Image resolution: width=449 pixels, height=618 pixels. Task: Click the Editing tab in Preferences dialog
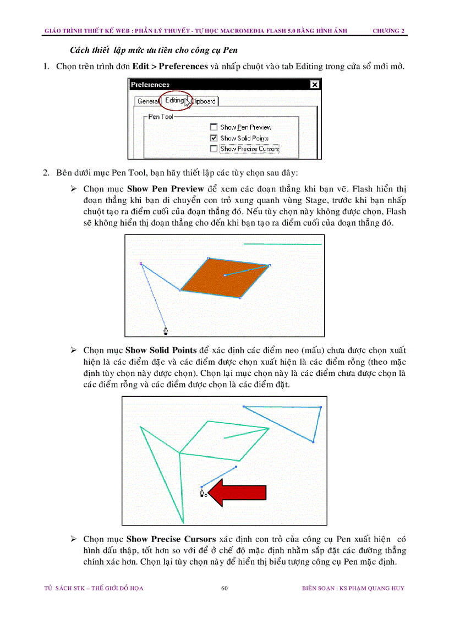pos(174,100)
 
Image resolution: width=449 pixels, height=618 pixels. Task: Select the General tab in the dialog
pos(148,101)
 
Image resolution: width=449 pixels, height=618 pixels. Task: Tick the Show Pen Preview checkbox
pos(213,127)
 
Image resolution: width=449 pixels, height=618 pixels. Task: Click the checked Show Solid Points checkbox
pos(213,138)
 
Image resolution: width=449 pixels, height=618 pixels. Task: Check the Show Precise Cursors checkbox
pos(213,149)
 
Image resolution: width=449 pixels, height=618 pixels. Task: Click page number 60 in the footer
pos(225,588)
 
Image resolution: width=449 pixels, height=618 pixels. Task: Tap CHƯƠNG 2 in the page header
pos(388,31)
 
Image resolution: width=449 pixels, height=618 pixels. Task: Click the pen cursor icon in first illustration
pos(166,331)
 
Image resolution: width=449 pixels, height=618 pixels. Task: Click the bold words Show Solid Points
pos(161,350)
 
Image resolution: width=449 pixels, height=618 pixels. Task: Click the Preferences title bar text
pos(150,85)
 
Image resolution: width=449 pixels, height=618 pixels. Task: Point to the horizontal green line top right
pos(282,243)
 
